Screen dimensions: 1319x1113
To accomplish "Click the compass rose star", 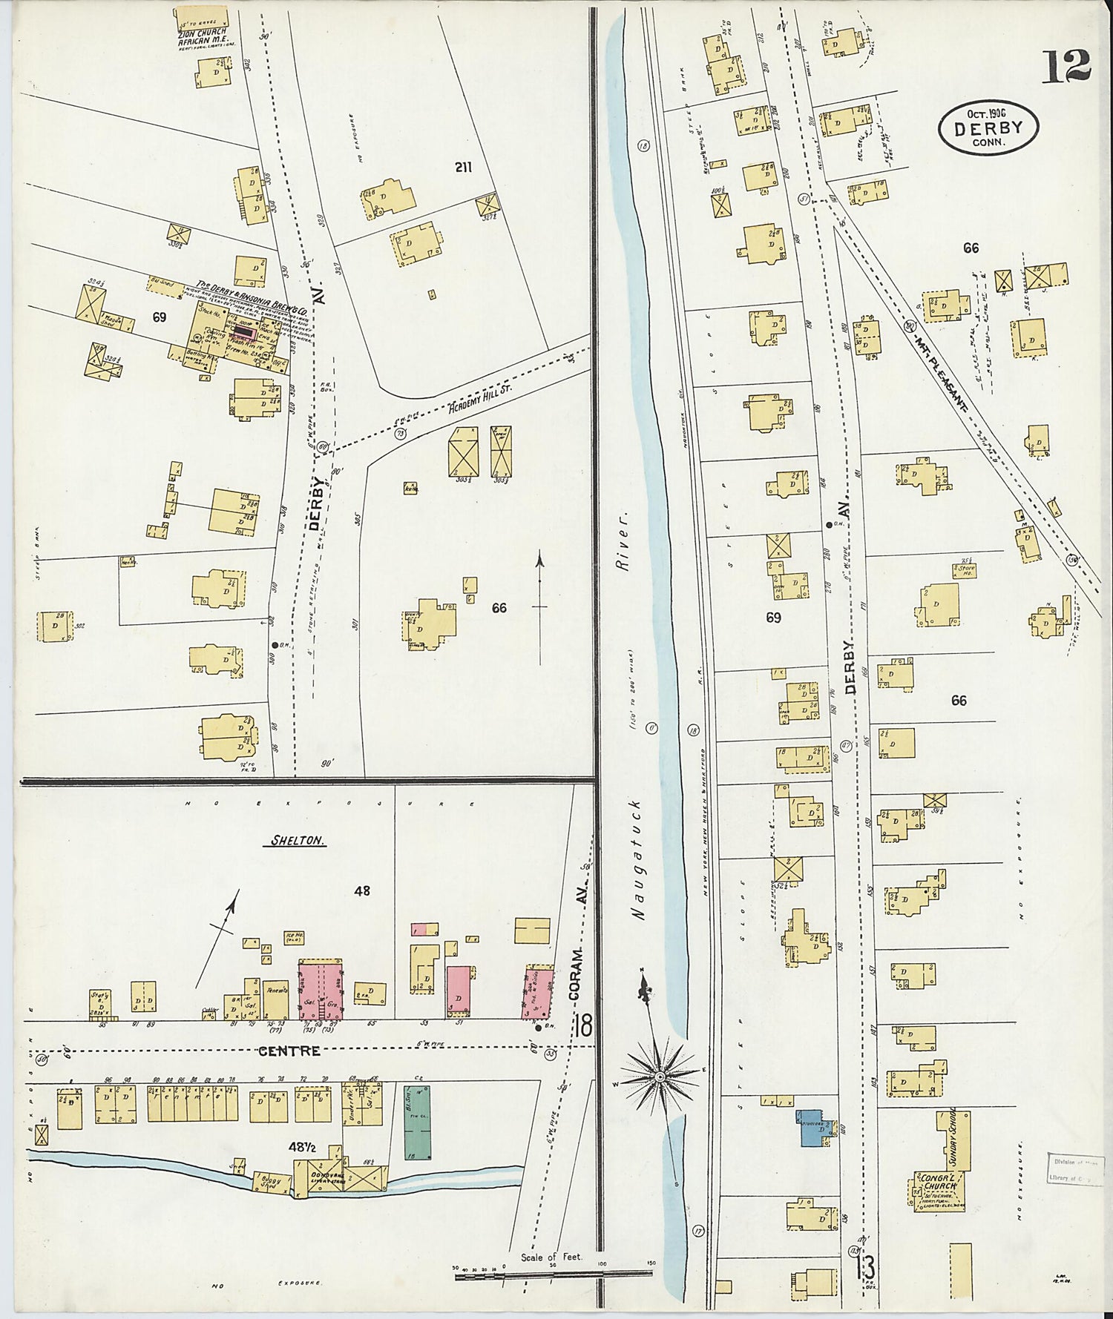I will click(658, 1074).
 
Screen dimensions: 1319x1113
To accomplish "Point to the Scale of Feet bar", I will click(553, 1276).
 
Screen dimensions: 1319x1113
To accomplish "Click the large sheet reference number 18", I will click(582, 1028).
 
